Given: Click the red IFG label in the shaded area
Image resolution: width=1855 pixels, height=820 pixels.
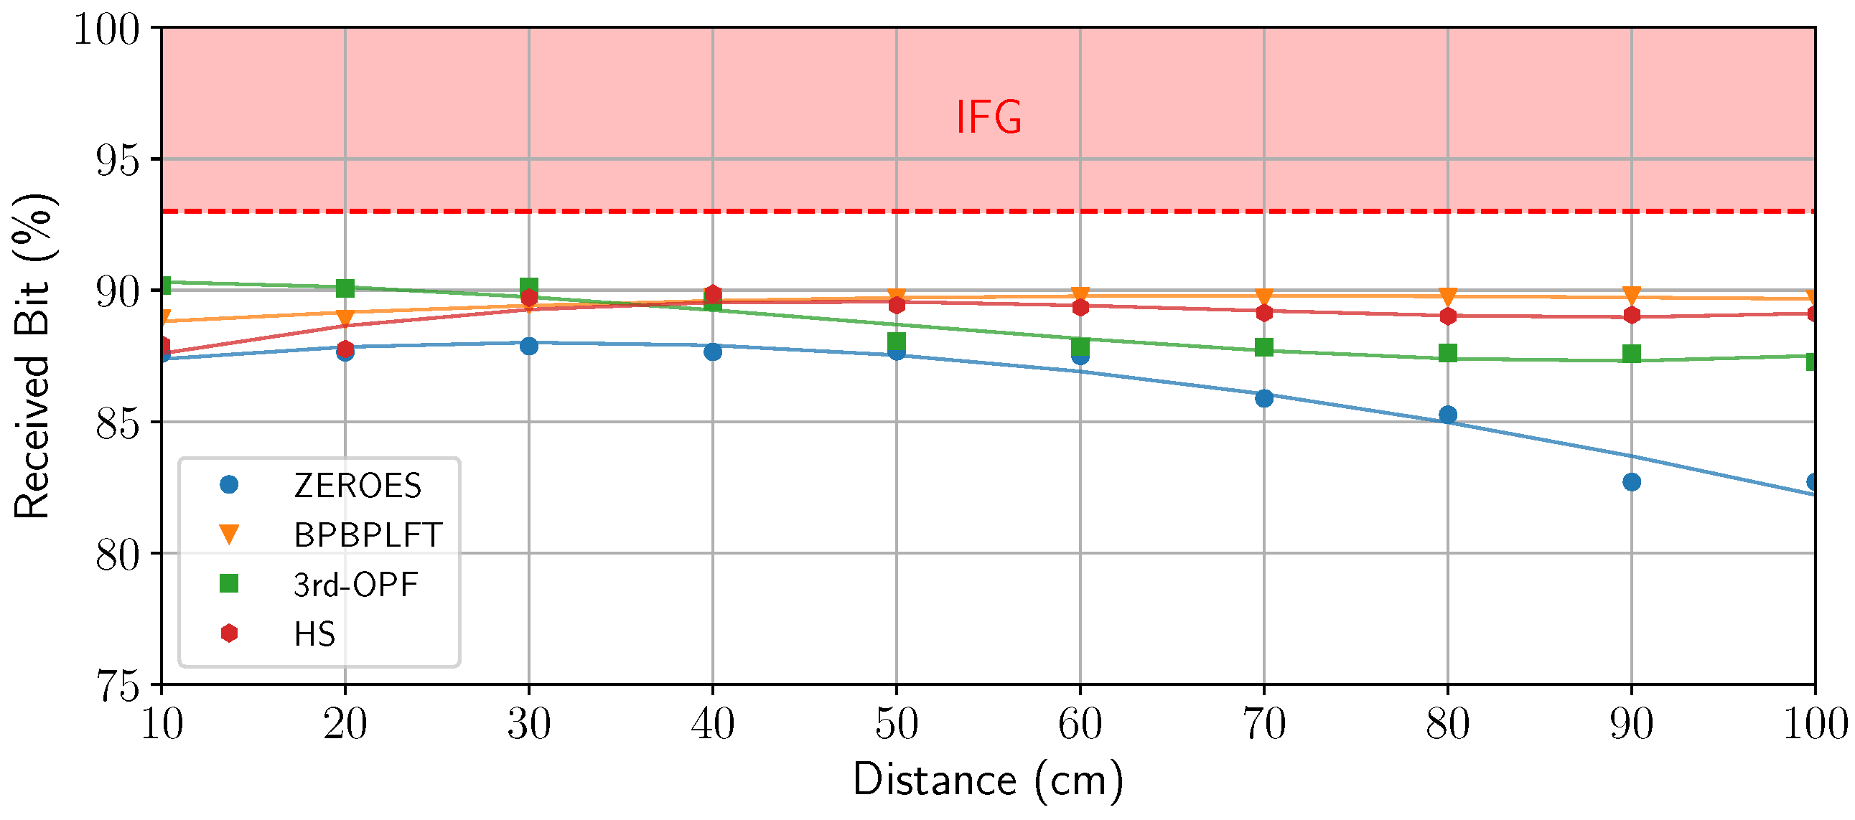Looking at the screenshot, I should pos(988,118).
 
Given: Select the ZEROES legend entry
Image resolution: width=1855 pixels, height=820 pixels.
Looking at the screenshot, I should pos(358,485).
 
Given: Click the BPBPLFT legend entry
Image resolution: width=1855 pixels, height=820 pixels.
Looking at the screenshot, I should pos(368,535).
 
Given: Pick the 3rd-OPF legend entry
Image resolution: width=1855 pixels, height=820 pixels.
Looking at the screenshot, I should pos(355,585).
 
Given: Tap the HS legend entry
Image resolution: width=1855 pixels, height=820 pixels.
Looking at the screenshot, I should pos(314,634).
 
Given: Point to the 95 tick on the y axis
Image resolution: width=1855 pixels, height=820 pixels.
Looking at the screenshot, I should pos(118,160).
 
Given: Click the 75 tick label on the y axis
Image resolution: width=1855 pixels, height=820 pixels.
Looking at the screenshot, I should pos(118,685).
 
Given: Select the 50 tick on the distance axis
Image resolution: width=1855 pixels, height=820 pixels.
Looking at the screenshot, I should pos(896,724).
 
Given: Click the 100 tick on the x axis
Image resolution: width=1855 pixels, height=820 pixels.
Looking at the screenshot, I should pos(1813,724).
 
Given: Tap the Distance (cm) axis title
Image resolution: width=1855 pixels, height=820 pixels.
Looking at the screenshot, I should pos(987,781).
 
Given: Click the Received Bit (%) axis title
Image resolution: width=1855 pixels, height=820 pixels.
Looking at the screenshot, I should pos(32,357).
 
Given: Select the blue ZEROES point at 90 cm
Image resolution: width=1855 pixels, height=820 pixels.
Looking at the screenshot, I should pos(1632,481).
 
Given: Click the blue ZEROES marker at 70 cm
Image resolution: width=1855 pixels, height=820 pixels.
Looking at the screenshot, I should pos(1263,398).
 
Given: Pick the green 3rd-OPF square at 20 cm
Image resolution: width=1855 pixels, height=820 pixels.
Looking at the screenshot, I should pos(345,288).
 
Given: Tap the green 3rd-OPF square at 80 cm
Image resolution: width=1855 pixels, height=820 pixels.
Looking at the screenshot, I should pos(1448,353).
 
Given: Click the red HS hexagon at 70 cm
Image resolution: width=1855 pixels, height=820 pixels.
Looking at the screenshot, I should pos(1263,313).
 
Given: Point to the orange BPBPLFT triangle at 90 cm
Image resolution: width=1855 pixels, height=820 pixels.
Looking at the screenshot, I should pos(1632,295).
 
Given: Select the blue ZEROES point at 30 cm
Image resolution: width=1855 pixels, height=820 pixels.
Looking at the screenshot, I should pos(528,346).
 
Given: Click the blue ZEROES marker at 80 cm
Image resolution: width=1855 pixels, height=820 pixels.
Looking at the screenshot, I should pos(1448,415).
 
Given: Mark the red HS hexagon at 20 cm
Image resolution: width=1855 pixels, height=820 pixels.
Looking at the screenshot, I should pos(345,349).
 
